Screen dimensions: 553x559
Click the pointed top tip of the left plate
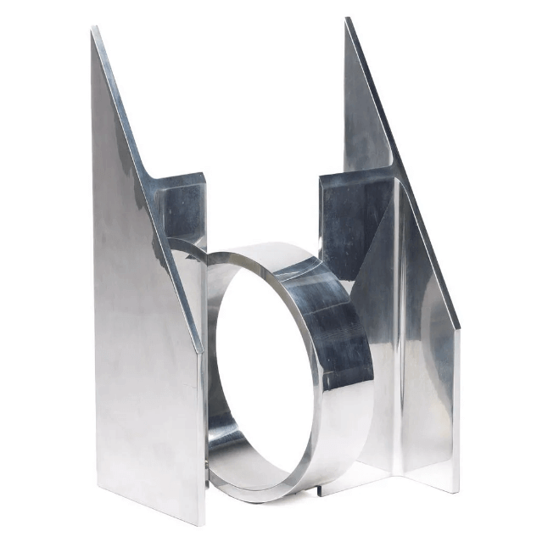[93, 29]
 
